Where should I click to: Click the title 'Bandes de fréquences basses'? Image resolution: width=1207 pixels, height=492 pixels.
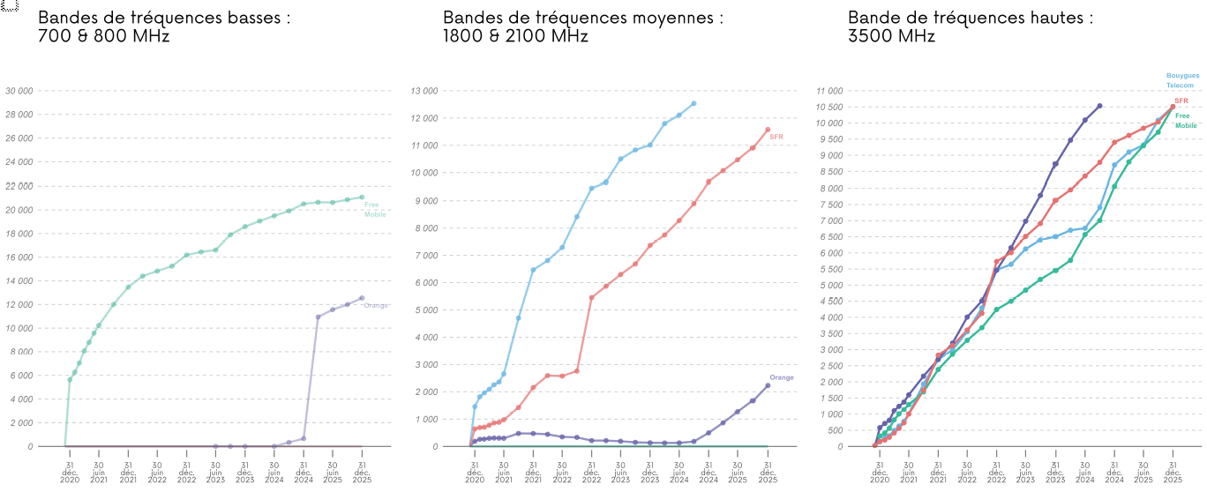164,18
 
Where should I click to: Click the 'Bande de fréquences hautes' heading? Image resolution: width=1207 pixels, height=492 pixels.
971,18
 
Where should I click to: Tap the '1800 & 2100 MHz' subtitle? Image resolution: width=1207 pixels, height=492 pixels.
515,36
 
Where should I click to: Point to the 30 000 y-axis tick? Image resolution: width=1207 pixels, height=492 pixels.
19,91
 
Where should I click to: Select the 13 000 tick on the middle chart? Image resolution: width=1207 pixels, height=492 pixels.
424,91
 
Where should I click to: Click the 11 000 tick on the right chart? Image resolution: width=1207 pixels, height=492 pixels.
829,91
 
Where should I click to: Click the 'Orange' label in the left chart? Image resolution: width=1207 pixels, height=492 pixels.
376,306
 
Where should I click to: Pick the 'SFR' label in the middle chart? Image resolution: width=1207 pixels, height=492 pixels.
776,137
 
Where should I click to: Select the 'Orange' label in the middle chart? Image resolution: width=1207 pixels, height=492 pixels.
781,378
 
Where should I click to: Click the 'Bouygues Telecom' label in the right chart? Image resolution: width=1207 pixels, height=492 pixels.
1182,80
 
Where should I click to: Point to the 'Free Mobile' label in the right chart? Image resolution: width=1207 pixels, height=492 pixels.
1186,121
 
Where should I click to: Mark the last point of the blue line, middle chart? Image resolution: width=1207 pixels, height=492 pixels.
693,103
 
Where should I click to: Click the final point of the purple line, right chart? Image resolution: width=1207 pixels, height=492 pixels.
1099,106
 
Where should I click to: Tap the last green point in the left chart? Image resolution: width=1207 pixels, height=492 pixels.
362,198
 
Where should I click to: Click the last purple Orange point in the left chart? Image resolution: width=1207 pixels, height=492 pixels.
362,298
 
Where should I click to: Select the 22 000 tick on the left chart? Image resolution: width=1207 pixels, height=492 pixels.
19,186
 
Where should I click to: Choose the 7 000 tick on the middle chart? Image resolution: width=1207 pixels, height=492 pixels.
426,255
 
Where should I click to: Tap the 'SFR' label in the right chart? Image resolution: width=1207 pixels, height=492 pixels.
1181,101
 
